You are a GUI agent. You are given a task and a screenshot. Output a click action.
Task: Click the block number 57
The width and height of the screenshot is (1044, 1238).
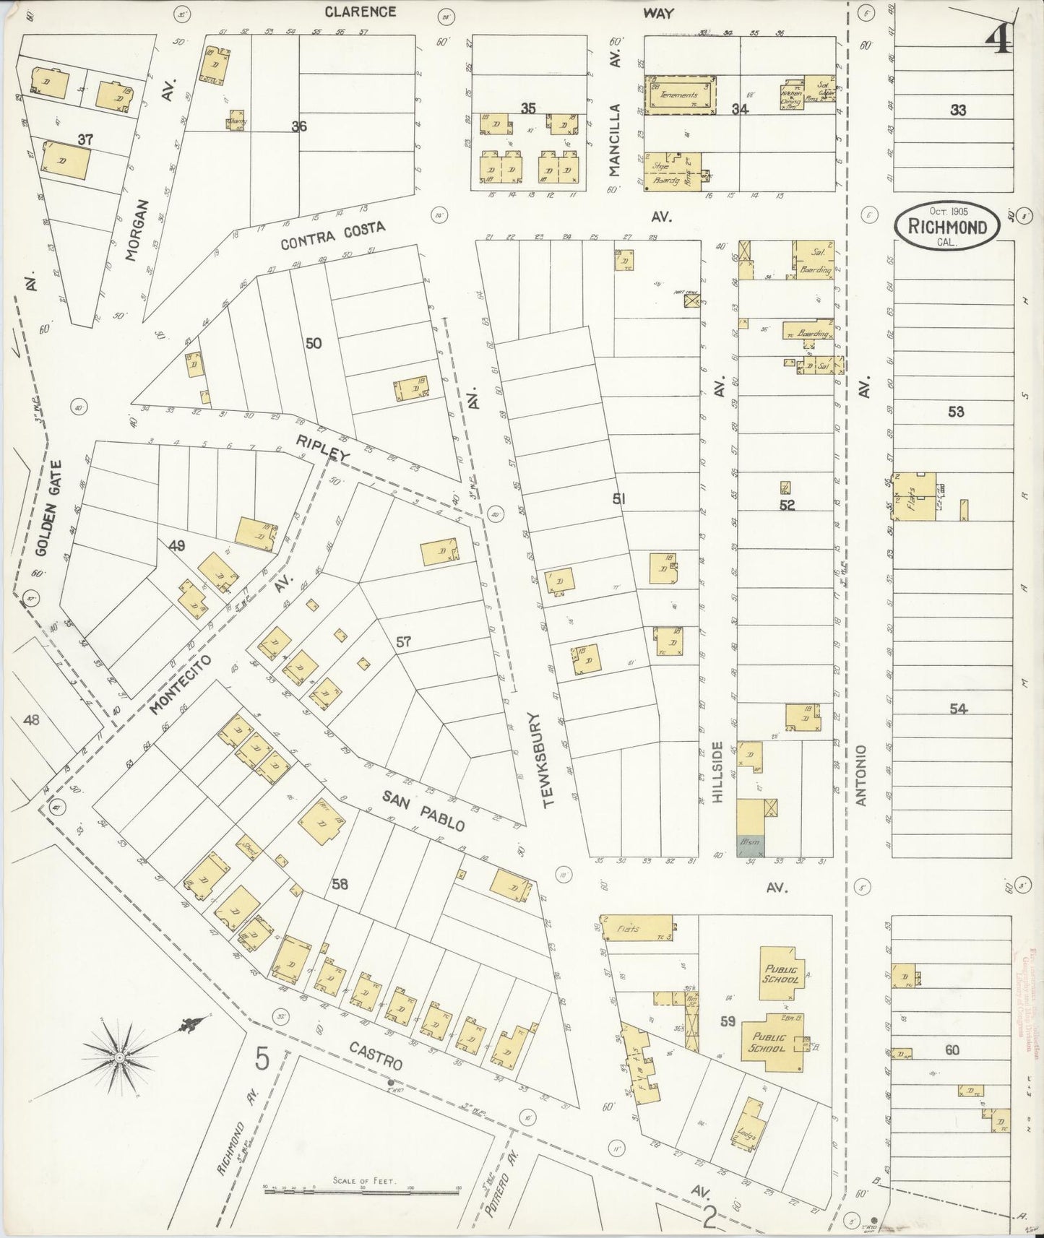(403, 641)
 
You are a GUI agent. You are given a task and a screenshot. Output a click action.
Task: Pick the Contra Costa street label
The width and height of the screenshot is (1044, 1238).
(333, 236)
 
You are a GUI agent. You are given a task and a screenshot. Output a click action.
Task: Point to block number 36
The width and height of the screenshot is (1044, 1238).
(299, 126)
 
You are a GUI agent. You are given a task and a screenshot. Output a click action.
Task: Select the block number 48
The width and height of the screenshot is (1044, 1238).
(31, 719)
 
